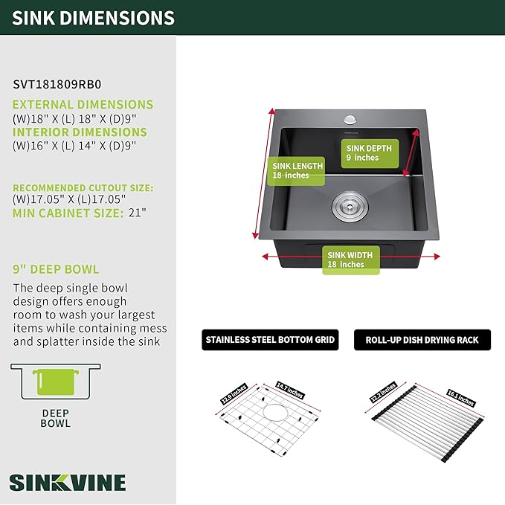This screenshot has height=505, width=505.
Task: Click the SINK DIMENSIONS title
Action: coord(93,18)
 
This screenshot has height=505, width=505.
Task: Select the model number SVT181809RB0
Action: coord(57,84)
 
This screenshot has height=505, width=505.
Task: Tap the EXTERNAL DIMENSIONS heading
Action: coord(83,105)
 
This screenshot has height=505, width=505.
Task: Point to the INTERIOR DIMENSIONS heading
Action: coord(80,132)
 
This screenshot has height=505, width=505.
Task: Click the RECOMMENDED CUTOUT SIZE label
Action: coord(83,187)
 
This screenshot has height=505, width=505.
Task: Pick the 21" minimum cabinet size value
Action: coord(137,213)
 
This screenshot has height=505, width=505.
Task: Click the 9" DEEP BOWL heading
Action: coord(56,269)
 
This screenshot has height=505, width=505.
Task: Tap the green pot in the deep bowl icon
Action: coord(56,382)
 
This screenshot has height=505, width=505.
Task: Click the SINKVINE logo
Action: coord(68,483)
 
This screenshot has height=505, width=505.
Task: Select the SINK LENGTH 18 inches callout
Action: coord(296,171)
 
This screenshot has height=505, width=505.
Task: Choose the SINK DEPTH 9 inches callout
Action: coord(370,153)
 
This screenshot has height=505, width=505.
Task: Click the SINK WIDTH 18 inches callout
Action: coord(351,260)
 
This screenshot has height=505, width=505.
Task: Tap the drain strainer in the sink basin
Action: coord(350,207)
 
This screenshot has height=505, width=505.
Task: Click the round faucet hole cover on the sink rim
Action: coord(350,120)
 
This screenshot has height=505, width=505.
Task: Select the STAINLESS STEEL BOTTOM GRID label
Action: coord(270,340)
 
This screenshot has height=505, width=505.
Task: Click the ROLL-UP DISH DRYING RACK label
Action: coord(422,340)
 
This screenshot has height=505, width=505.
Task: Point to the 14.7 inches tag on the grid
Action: coord(290,390)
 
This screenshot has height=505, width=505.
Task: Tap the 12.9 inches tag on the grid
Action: coord(234,394)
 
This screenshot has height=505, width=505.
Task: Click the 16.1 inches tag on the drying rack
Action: coord(461,398)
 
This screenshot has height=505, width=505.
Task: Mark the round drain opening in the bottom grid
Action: coord(274,413)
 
